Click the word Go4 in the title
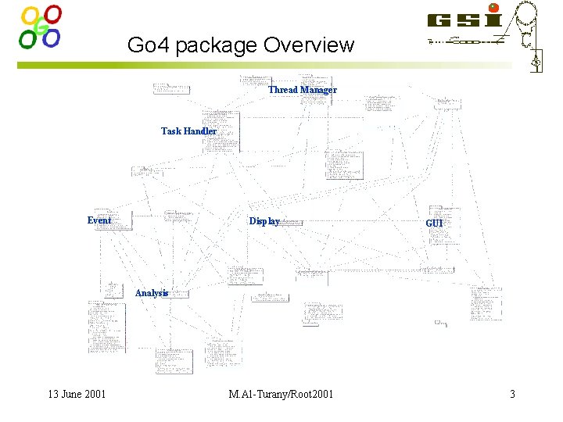[x=148, y=45]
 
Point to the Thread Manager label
[x=303, y=90]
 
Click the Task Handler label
[x=188, y=131]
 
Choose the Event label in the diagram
[x=99, y=220]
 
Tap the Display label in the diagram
[x=264, y=221]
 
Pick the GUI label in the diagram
[x=434, y=224]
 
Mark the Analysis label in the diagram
[x=152, y=293]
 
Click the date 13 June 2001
[x=77, y=394]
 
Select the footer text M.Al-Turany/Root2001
[x=281, y=394]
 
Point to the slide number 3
[x=512, y=394]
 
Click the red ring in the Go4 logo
[x=53, y=14]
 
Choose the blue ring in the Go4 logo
[x=52, y=38]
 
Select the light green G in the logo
[x=41, y=30]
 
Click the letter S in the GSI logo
[x=468, y=20]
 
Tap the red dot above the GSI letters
[x=493, y=8]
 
